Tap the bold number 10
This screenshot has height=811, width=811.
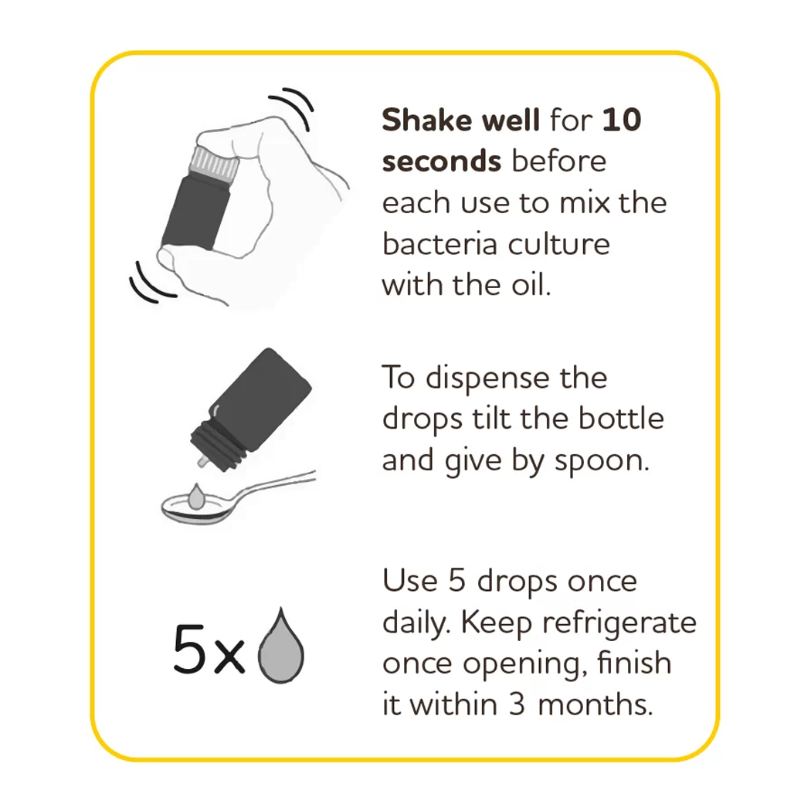click(x=623, y=120)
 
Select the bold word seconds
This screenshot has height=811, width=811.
click(x=441, y=161)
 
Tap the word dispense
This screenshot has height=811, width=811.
click(x=487, y=379)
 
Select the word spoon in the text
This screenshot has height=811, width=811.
click(x=602, y=462)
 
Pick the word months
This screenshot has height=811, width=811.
click(x=595, y=704)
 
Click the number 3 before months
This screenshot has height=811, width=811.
click(x=516, y=704)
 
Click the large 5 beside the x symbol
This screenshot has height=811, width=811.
click(x=190, y=649)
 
